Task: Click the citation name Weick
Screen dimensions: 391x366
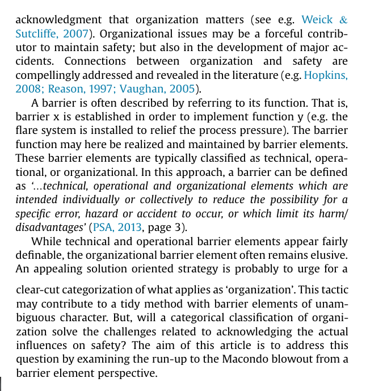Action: (317, 20)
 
